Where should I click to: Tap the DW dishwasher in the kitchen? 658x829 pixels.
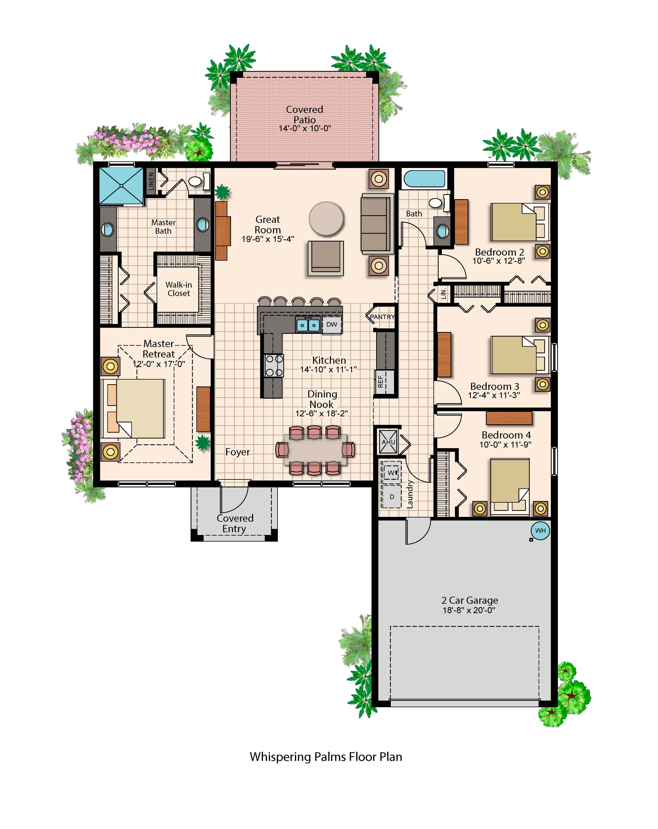(x=332, y=325)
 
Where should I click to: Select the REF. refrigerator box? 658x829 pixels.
(x=384, y=382)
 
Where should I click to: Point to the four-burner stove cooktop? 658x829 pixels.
(x=274, y=366)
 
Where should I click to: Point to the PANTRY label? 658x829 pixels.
(x=382, y=317)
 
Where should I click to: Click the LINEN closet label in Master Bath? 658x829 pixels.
(x=151, y=181)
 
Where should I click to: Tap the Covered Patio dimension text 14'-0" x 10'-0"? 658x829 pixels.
(x=305, y=128)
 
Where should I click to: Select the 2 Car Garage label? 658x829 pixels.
(x=470, y=600)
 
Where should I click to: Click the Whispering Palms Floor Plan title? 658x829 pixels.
(x=326, y=757)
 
